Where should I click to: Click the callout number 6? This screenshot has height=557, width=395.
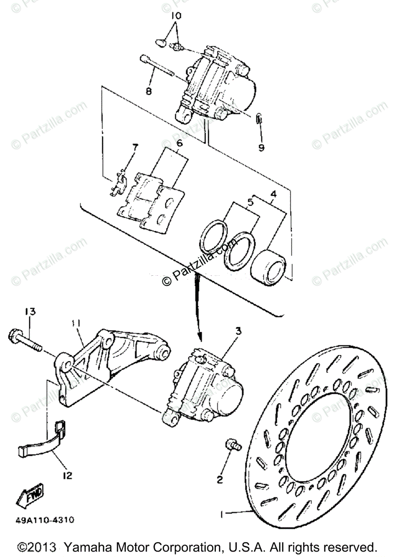179,143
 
